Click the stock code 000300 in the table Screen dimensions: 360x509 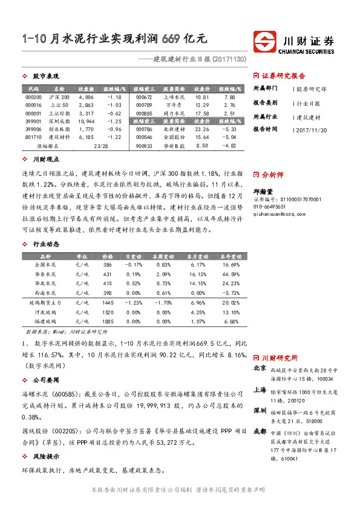click(x=34, y=97)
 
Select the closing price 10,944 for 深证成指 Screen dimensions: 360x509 click(x=86, y=121)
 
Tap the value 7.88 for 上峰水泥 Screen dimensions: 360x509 click(x=229, y=97)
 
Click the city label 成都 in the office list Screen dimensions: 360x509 click(x=259, y=432)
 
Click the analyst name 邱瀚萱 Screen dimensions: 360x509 click(x=262, y=191)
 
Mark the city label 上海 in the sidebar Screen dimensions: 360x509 click(x=259, y=391)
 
